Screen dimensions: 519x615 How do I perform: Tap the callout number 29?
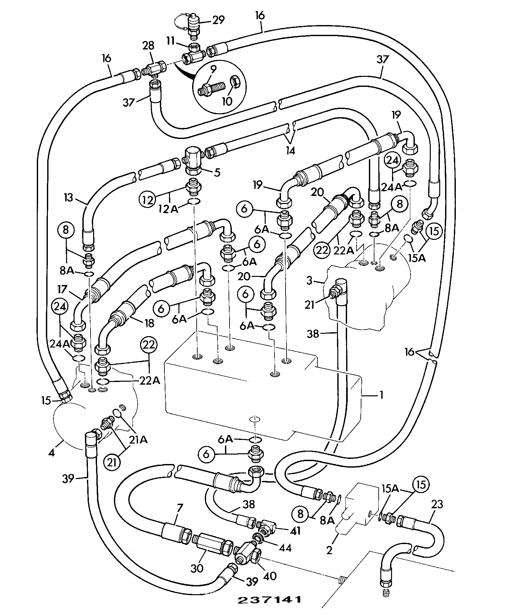point(218,20)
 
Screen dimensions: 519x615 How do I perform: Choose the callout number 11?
point(171,41)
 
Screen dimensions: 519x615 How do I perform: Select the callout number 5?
point(217,172)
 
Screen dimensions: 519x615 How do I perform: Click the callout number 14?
point(290,151)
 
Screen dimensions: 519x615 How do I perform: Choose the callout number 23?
point(437,505)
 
